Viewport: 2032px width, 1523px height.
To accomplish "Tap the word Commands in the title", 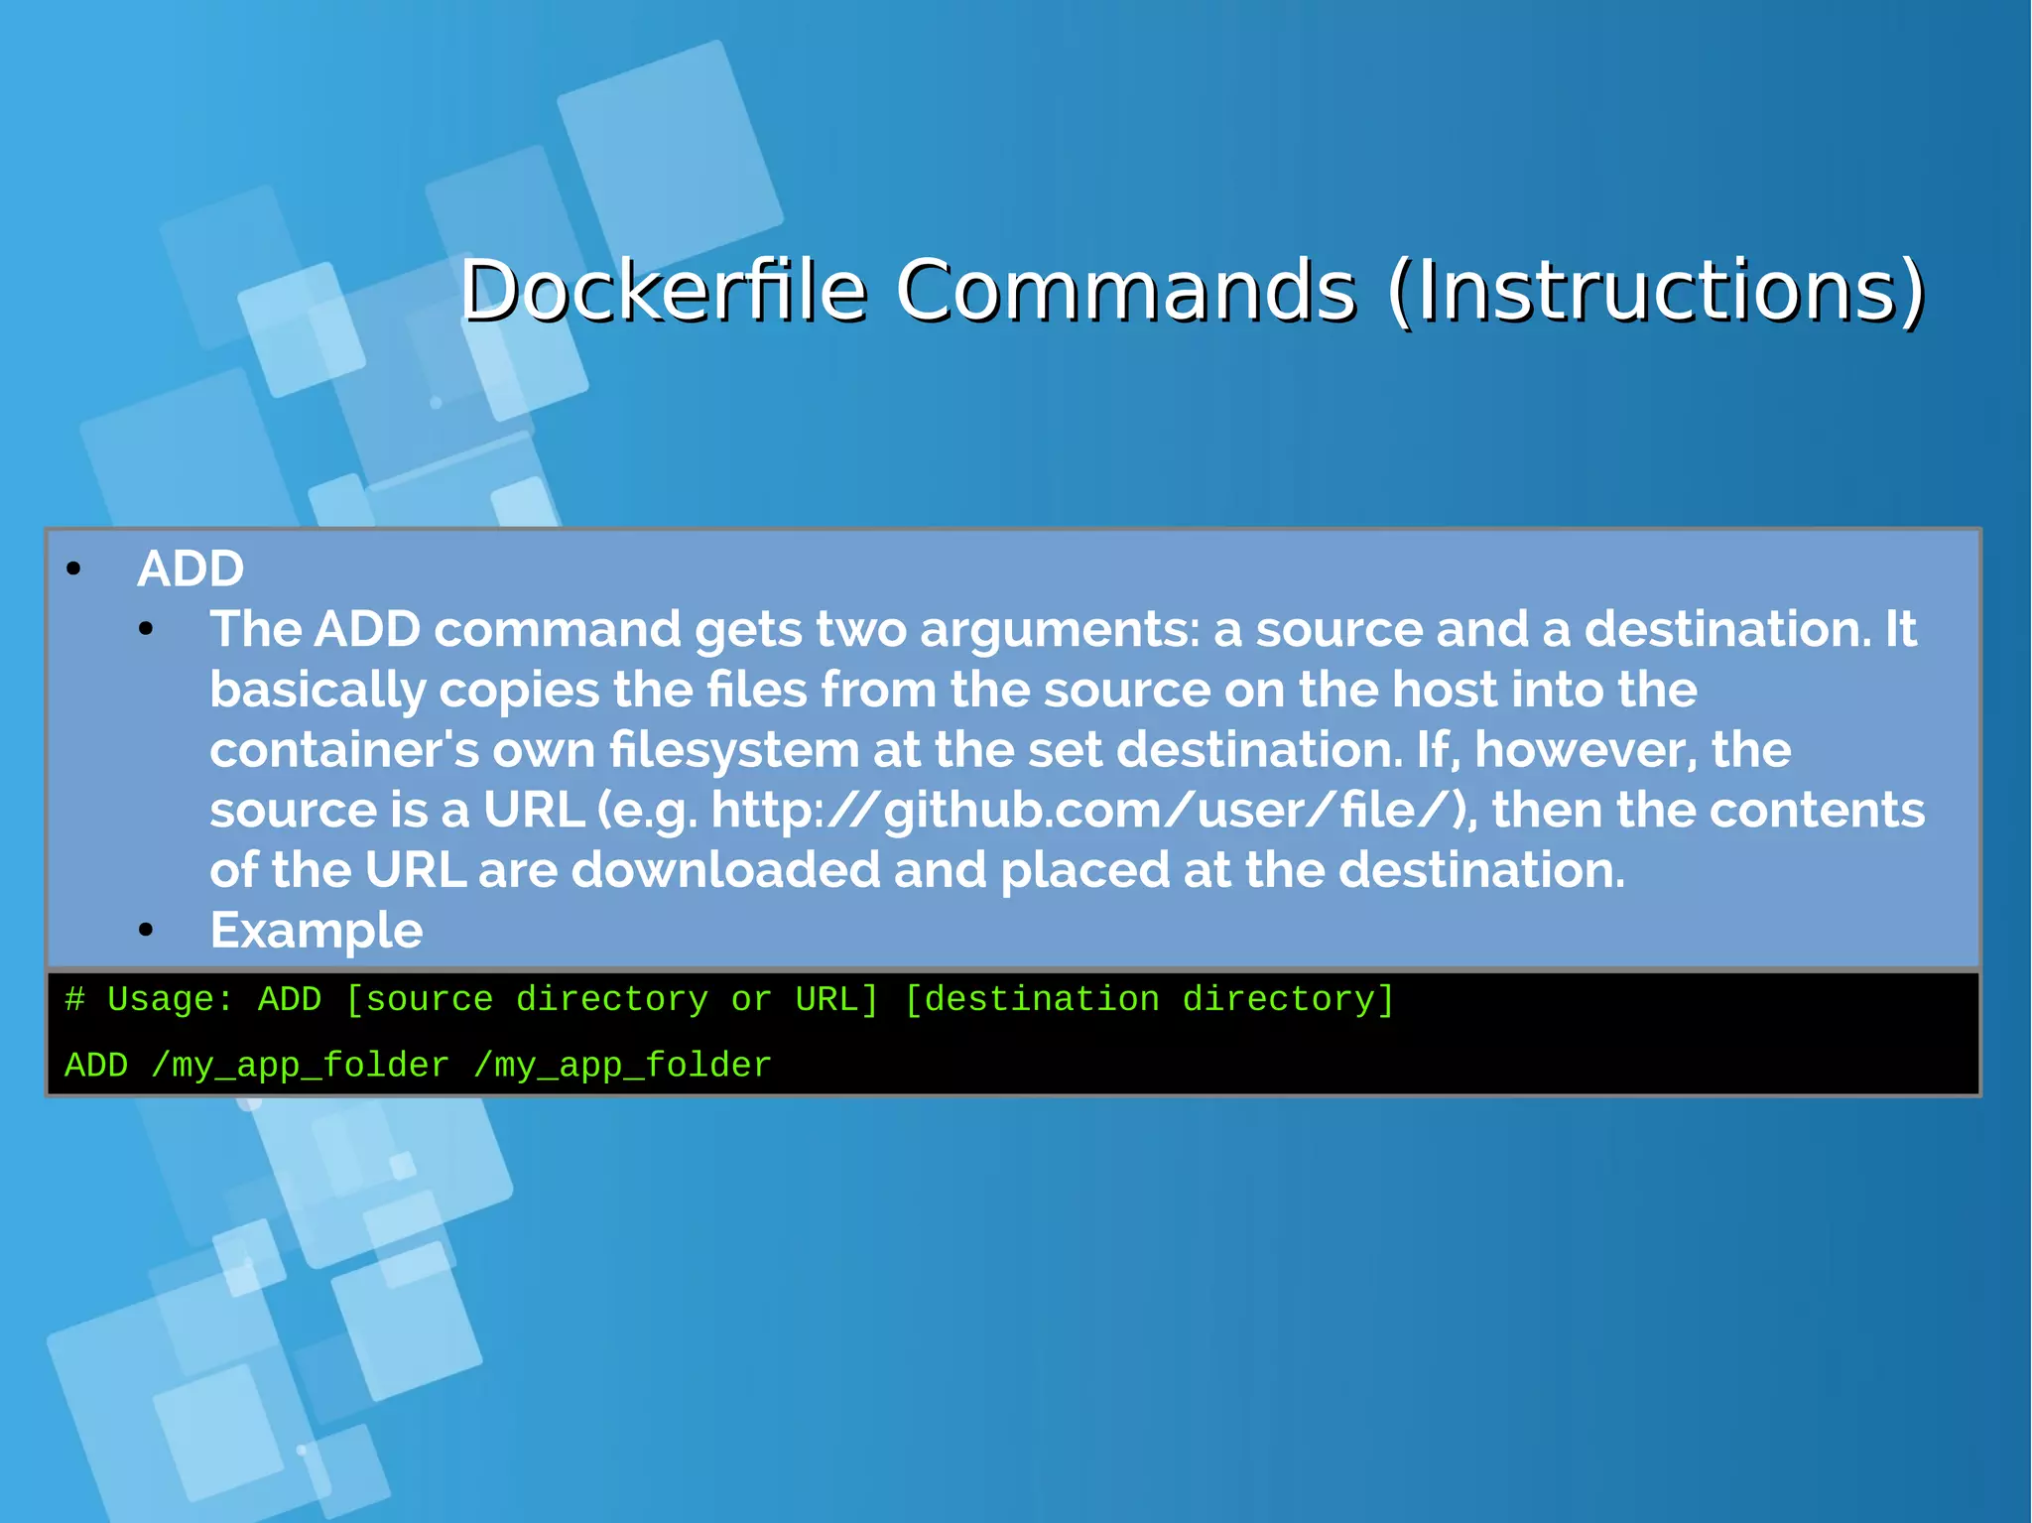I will (1125, 290).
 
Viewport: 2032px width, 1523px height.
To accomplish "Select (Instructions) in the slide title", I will (1656, 290).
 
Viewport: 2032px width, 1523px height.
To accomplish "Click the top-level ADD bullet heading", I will (190, 569).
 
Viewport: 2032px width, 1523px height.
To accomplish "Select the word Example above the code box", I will (317, 931).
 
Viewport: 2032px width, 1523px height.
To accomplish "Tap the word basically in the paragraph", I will (317, 691).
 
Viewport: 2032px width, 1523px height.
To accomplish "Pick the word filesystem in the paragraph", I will (734, 750).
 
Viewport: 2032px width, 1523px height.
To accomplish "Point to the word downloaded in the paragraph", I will (725, 870).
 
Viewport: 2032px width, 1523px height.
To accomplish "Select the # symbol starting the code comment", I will (74, 999).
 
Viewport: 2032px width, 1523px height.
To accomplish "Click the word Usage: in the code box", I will (170, 999).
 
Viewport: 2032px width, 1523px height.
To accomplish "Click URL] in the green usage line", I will (836, 999).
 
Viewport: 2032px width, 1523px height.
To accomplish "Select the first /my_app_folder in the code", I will (300, 1066).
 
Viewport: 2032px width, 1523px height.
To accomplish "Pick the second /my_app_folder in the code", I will (622, 1066).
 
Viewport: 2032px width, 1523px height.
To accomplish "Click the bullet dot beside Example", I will (147, 931).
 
